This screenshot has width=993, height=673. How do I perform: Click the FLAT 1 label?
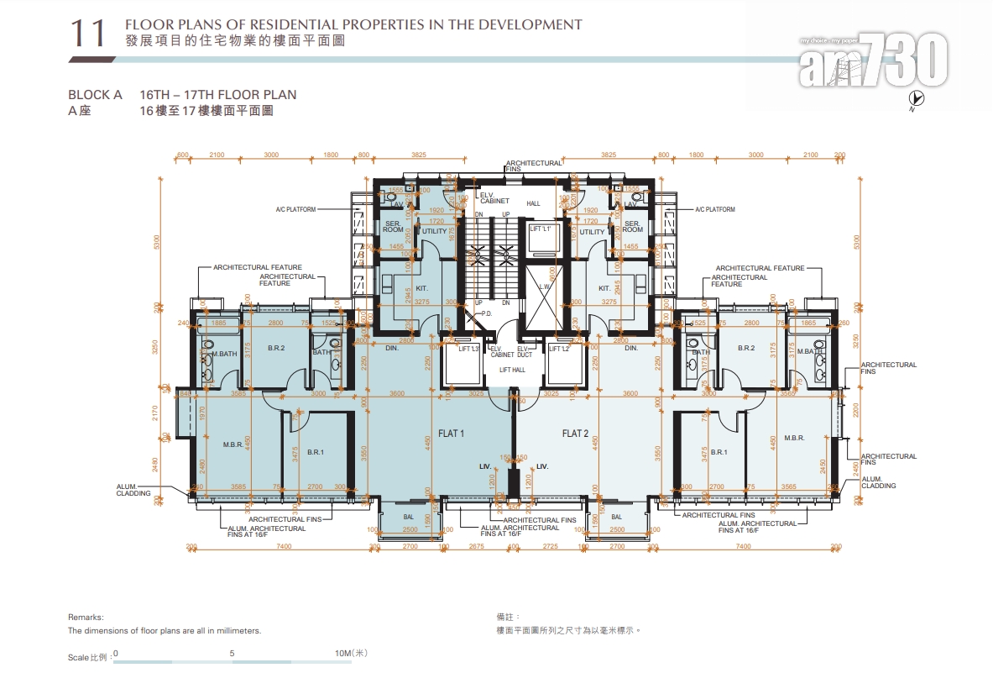(451, 434)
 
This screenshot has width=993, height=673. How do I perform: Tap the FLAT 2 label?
(574, 434)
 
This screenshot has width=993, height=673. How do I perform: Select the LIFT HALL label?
(512, 370)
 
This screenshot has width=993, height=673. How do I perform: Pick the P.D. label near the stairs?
(486, 313)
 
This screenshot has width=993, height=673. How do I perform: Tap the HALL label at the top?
(534, 203)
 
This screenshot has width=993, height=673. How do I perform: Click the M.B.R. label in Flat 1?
(233, 444)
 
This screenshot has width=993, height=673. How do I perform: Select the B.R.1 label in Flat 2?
(719, 452)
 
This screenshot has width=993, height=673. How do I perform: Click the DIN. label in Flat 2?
(631, 348)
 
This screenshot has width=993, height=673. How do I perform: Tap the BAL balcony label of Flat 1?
(408, 517)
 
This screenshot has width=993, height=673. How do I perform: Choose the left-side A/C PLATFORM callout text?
(295, 209)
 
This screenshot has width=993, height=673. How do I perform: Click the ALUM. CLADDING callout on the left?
(133, 489)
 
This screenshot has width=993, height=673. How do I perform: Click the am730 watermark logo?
(873, 61)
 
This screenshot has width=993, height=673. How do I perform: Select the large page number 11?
(88, 34)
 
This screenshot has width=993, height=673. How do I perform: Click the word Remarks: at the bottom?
(86, 617)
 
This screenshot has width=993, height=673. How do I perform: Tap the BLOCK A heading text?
(95, 95)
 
